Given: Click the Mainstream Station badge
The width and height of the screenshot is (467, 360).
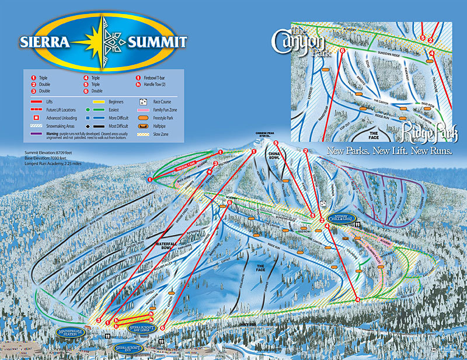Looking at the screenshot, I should coord(71,331).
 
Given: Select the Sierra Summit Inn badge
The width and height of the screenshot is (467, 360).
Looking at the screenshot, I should coord(130,348).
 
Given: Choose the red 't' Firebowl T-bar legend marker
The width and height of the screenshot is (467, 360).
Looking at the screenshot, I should coord(138,77).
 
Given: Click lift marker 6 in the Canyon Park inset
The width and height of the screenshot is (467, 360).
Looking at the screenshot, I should coord(343,51).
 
